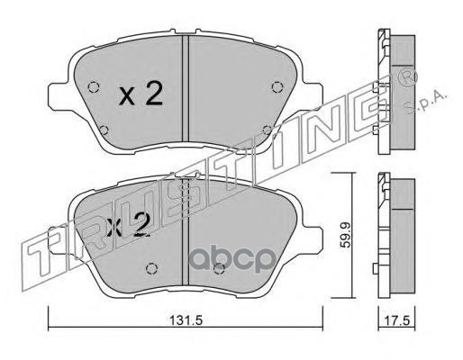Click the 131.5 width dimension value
click(x=186, y=320)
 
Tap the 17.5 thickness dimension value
click(x=396, y=320)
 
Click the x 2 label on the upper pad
click(x=141, y=94)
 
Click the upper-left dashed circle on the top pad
click(x=94, y=87)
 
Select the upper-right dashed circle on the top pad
click(x=277, y=87)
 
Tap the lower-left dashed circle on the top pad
click(x=104, y=130)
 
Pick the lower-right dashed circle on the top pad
click(x=267, y=130)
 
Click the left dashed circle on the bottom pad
click(x=151, y=268)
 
